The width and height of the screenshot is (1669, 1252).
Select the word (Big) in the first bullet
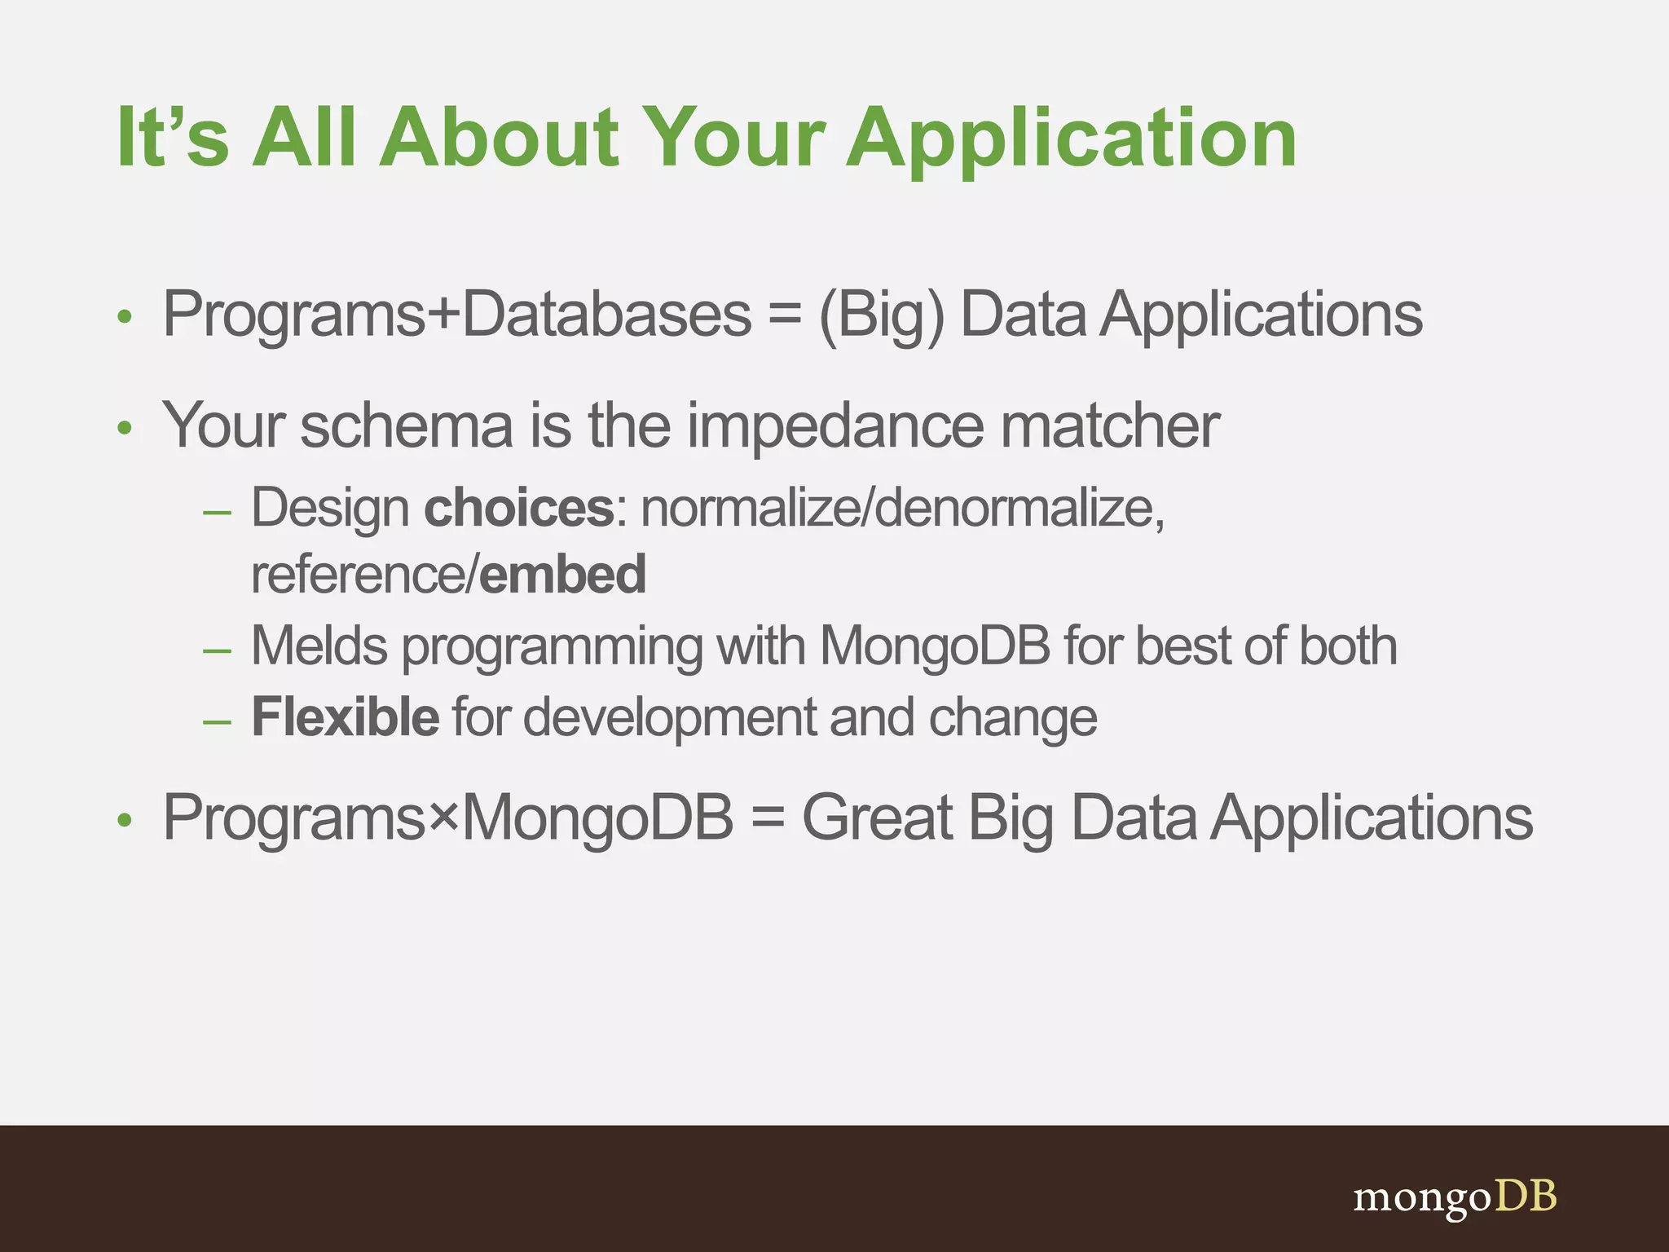tap(881, 316)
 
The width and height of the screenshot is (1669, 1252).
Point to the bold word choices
tap(518, 509)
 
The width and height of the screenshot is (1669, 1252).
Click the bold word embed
tap(562, 575)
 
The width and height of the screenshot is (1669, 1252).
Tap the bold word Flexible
tap(346, 717)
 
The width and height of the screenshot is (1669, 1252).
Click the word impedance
tap(834, 427)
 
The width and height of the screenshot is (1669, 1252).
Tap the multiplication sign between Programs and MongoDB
tap(444, 816)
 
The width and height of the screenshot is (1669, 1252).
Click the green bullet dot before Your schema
tap(124, 429)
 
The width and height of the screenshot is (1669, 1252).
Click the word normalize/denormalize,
tap(902, 509)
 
